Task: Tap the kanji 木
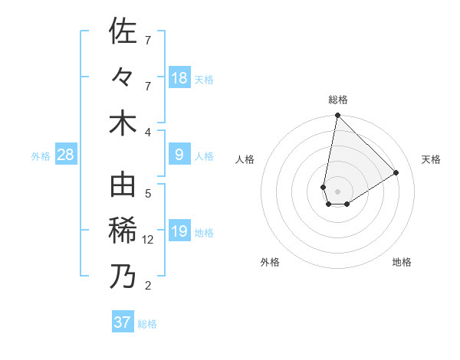[123, 123]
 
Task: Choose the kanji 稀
[123, 231]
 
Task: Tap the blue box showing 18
[179, 77]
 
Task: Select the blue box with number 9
[179, 155]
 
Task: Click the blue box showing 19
[179, 231]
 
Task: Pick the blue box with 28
[65, 155]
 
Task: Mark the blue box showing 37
[123, 322]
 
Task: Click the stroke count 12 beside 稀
[149, 240]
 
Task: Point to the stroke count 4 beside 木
[148, 132]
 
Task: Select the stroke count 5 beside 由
[148, 193]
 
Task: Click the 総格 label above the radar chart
[338, 100]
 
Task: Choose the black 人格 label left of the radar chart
[245, 159]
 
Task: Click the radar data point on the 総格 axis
[337, 116]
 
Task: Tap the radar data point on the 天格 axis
[396, 173]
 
